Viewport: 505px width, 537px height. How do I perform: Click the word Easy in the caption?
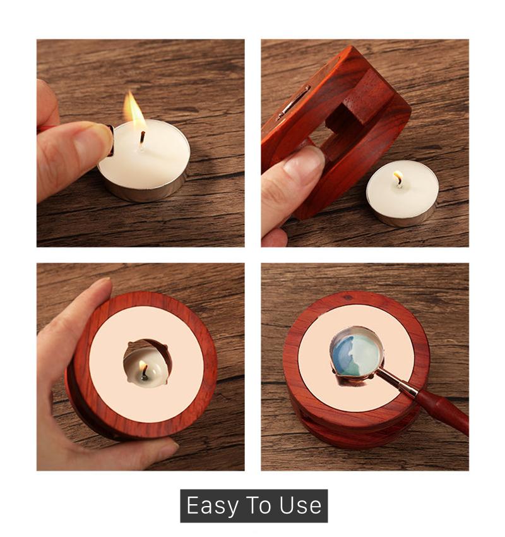212,506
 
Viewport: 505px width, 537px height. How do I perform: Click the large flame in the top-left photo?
134,109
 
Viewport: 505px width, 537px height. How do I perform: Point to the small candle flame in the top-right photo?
398,178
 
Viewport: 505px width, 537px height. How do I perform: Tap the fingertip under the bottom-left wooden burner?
155,450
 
